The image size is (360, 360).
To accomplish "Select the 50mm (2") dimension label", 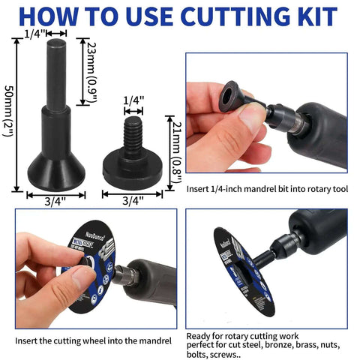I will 9,116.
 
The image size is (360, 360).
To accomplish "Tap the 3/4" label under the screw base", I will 132,200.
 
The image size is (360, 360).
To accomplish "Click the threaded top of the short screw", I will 133,129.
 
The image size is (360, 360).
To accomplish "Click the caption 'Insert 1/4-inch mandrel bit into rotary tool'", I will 268,189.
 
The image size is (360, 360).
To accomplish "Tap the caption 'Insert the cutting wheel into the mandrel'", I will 94,341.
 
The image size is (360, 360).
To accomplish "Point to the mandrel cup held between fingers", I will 229,98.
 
